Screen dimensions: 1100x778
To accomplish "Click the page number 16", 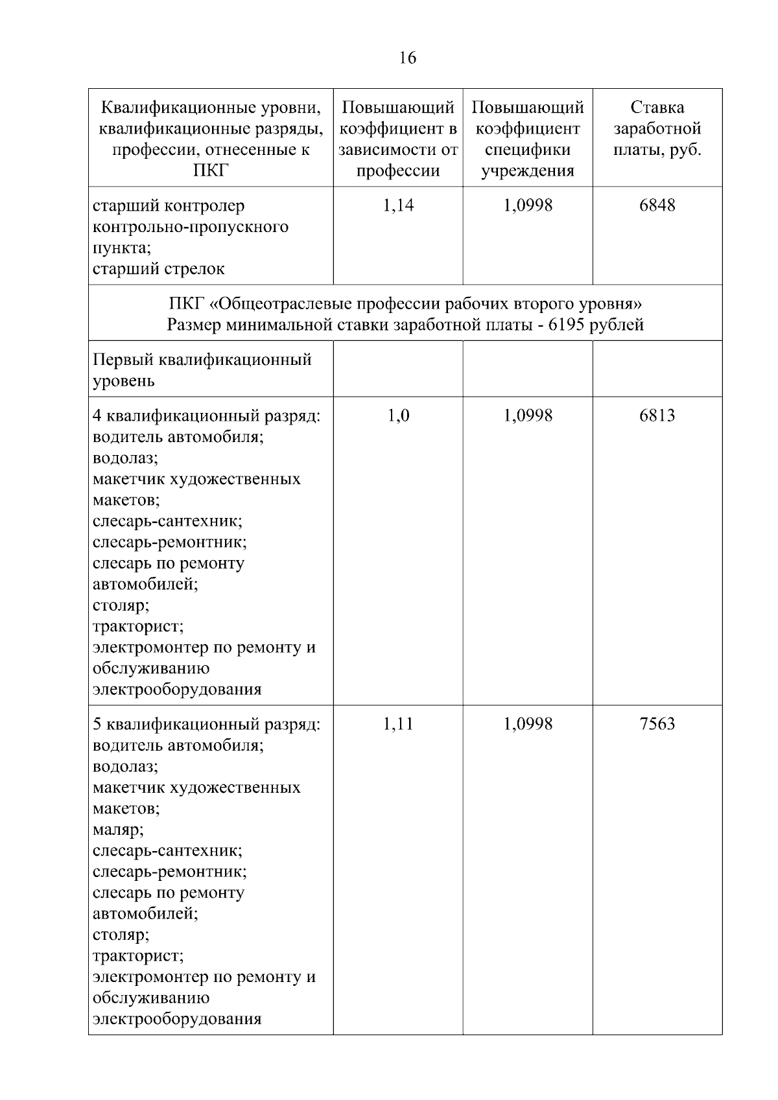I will point(408,58).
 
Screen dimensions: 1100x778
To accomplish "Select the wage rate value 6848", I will point(657,205).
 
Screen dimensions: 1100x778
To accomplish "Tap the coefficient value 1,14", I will point(398,205).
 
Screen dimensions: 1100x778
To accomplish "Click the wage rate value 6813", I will point(657,415).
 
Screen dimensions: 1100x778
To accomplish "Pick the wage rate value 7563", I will point(657,724).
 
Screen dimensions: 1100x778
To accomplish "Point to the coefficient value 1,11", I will point(398,724).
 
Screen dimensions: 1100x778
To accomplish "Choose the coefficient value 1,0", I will point(398,415).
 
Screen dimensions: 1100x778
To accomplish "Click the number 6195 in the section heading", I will point(567,324).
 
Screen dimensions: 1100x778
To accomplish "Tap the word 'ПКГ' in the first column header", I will point(211,171).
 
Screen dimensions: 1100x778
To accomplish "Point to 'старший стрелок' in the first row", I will point(159,269).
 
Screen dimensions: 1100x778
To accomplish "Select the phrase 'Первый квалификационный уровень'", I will point(202,369).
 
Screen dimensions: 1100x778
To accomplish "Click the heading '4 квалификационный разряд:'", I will point(206,415).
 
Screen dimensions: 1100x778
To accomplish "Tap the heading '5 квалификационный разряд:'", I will point(206,724).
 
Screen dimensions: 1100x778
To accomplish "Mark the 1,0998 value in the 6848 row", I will point(528,205).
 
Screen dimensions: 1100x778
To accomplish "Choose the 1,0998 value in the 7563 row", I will point(528,724).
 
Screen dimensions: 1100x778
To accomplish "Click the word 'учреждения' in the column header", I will point(528,171).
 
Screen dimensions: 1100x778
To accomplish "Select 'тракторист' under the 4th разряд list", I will point(137,627).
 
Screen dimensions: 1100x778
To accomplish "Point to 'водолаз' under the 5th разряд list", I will point(124,767).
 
